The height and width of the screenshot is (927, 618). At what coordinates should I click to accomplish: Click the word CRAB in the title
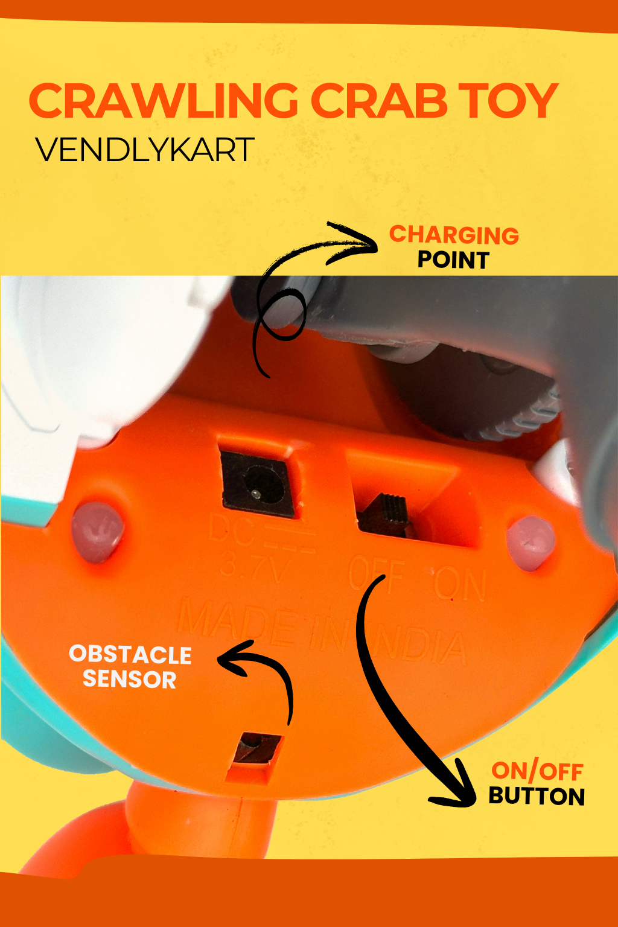379,101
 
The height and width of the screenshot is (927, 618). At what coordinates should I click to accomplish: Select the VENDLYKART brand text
145,150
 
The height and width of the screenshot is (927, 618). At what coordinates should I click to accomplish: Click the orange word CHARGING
454,235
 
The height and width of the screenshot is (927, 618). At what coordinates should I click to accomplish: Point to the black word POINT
453,260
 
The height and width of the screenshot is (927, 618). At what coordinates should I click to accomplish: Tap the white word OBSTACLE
130,655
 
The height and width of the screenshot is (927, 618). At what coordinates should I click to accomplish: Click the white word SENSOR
130,680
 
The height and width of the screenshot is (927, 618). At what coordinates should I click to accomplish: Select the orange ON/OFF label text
537,771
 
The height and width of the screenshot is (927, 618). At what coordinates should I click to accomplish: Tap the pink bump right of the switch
530,542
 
